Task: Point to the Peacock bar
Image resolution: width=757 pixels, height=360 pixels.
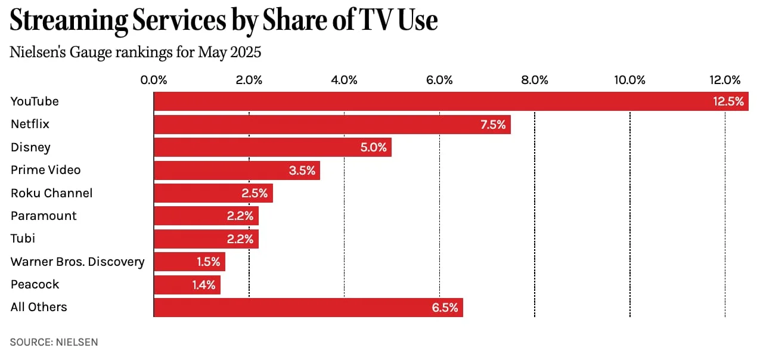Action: coord(173,285)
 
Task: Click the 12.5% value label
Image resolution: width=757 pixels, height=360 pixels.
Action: coord(728,101)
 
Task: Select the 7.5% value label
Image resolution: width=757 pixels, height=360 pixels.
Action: coord(492,125)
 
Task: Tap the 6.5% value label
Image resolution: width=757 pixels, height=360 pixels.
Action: coord(445,308)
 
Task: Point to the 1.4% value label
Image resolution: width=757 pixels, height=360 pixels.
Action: coord(203,285)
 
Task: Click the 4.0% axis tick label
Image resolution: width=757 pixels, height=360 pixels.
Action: coord(344,80)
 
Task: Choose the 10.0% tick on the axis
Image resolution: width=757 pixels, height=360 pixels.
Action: coord(629,80)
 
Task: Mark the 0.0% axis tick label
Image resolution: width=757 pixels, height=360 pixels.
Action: coord(154,80)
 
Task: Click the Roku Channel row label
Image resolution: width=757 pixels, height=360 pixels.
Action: coord(51,193)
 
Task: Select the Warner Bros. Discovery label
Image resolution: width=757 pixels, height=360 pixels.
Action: coord(77,262)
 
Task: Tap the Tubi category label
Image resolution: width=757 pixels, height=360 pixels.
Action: coord(23,238)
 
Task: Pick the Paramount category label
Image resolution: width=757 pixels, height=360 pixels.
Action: coord(44,216)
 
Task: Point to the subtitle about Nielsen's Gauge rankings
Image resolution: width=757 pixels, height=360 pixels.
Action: coord(136,52)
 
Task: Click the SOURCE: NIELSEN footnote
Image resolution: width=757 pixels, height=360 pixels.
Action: coord(54,342)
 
